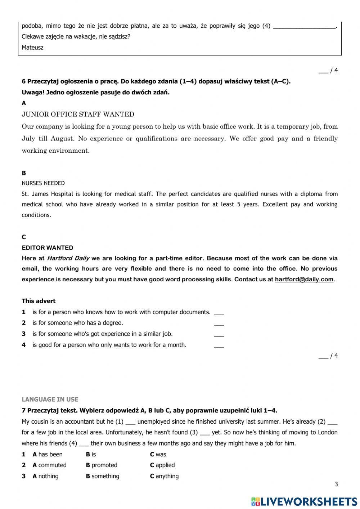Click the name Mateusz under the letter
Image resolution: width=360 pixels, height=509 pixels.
tap(32, 48)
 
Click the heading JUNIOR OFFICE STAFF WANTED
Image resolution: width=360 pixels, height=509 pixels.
tap(78, 115)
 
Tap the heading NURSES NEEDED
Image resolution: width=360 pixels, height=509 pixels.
tap(43, 183)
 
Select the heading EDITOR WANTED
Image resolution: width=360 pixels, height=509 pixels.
tap(47, 248)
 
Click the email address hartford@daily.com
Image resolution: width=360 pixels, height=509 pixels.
tap(304, 279)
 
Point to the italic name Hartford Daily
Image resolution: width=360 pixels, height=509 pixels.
tap(68, 258)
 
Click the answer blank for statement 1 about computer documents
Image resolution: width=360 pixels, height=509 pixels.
tap(219, 313)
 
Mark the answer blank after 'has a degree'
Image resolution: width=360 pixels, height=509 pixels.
tap(219, 323)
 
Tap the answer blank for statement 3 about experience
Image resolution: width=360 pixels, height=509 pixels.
tap(219, 335)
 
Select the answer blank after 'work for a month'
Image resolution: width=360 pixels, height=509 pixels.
tap(219, 345)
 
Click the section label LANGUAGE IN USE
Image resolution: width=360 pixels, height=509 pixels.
tap(50, 399)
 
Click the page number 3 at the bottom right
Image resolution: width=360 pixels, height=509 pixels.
tap(336, 485)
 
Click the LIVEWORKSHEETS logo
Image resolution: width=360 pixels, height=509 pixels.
tap(304, 501)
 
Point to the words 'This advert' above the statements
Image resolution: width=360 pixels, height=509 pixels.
tap(39, 301)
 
